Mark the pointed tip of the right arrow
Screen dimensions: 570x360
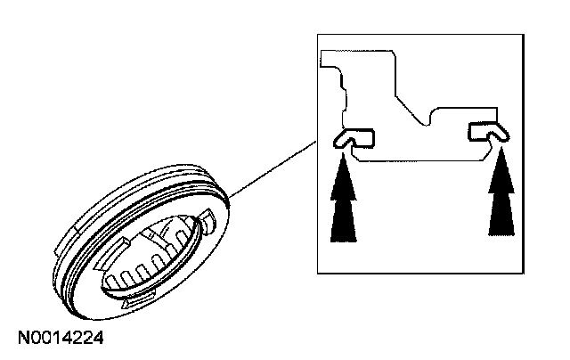point(502,151)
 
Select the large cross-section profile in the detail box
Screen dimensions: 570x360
point(410,107)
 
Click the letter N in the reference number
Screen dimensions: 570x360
point(21,339)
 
